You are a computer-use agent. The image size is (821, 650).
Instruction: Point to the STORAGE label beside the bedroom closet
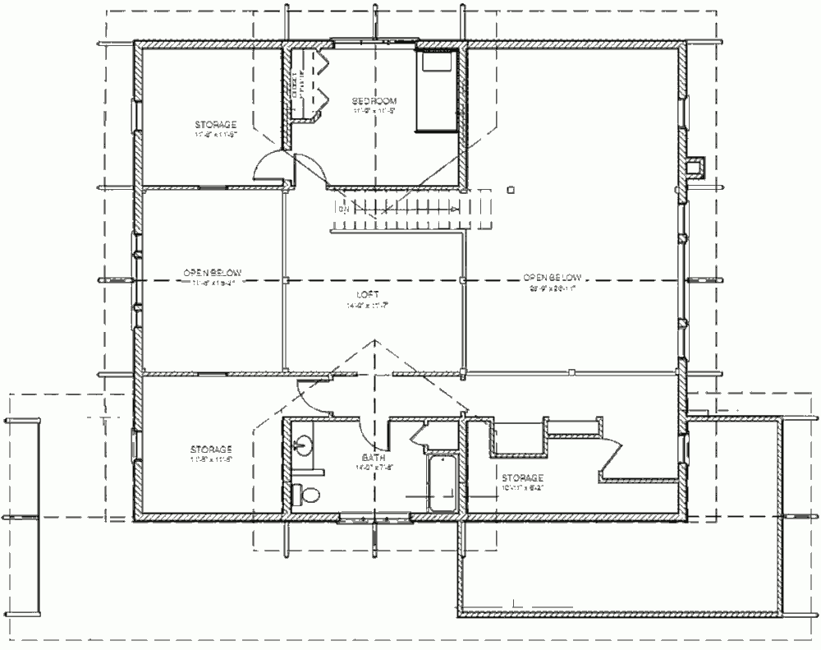(x=216, y=124)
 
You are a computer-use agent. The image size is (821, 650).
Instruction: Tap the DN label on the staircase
(x=343, y=210)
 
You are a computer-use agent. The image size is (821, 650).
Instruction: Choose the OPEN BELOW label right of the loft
(x=553, y=278)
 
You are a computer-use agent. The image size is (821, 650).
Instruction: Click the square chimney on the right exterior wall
(x=695, y=167)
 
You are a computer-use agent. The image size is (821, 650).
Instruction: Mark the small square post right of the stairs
(x=511, y=189)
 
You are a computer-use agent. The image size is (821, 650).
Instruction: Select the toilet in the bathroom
(x=306, y=495)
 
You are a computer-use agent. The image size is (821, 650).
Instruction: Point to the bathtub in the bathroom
(x=443, y=483)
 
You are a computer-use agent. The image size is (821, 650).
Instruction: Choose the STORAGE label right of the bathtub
(x=522, y=477)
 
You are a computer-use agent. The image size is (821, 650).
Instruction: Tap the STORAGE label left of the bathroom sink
(x=211, y=449)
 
